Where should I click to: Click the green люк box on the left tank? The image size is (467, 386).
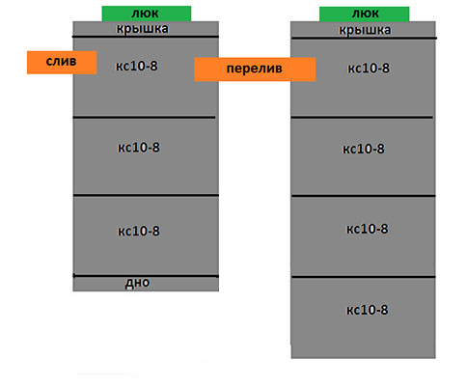pos(147,14)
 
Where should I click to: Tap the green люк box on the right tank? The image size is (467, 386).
pos(364,14)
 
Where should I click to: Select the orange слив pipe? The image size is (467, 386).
pos(62,63)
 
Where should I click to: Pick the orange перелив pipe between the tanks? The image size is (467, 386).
pos(255,69)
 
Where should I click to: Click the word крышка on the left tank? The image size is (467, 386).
pos(142,29)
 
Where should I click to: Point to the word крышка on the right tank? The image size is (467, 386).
pos(365,30)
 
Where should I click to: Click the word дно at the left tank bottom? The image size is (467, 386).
pos(137,283)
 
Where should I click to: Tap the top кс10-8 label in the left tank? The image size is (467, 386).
pos(137,66)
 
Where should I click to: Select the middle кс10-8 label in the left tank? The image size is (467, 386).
pos(139,148)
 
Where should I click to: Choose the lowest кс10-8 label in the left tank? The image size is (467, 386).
pos(139,231)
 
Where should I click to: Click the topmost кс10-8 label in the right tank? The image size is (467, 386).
pos(369,69)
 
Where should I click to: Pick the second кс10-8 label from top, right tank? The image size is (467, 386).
pos(364,149)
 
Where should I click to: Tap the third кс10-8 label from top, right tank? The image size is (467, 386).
pos(367,229)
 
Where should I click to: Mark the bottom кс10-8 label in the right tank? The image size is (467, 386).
pos(367,310)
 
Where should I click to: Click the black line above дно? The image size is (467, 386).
pos(146,276)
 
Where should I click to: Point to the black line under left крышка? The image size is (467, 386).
pos(146,37)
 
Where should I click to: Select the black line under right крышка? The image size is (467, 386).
pos(364,39)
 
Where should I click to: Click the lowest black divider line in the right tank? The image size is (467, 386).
pos(364,277)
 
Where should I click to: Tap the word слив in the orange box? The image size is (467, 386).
pos(61,61)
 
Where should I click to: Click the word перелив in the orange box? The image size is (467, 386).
pos(255,69)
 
